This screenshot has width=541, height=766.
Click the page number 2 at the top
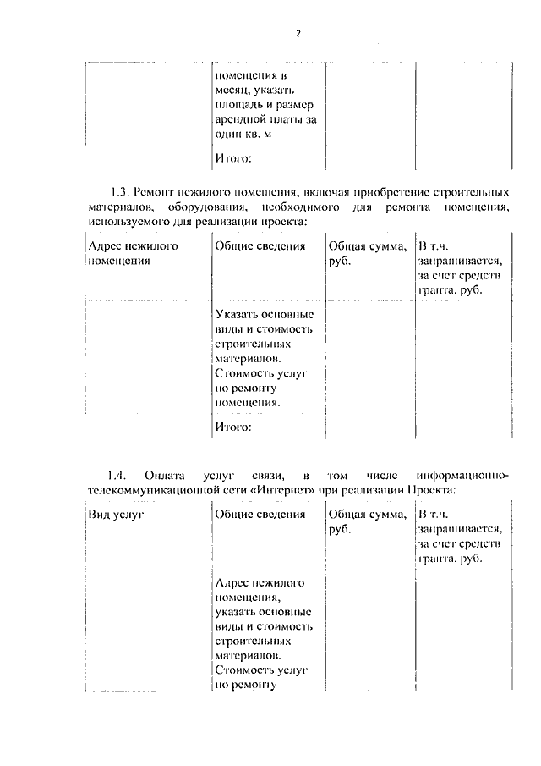[298, 34]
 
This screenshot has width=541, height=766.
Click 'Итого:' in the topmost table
[233, 157]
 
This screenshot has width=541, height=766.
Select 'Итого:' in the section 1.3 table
[233, 427]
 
